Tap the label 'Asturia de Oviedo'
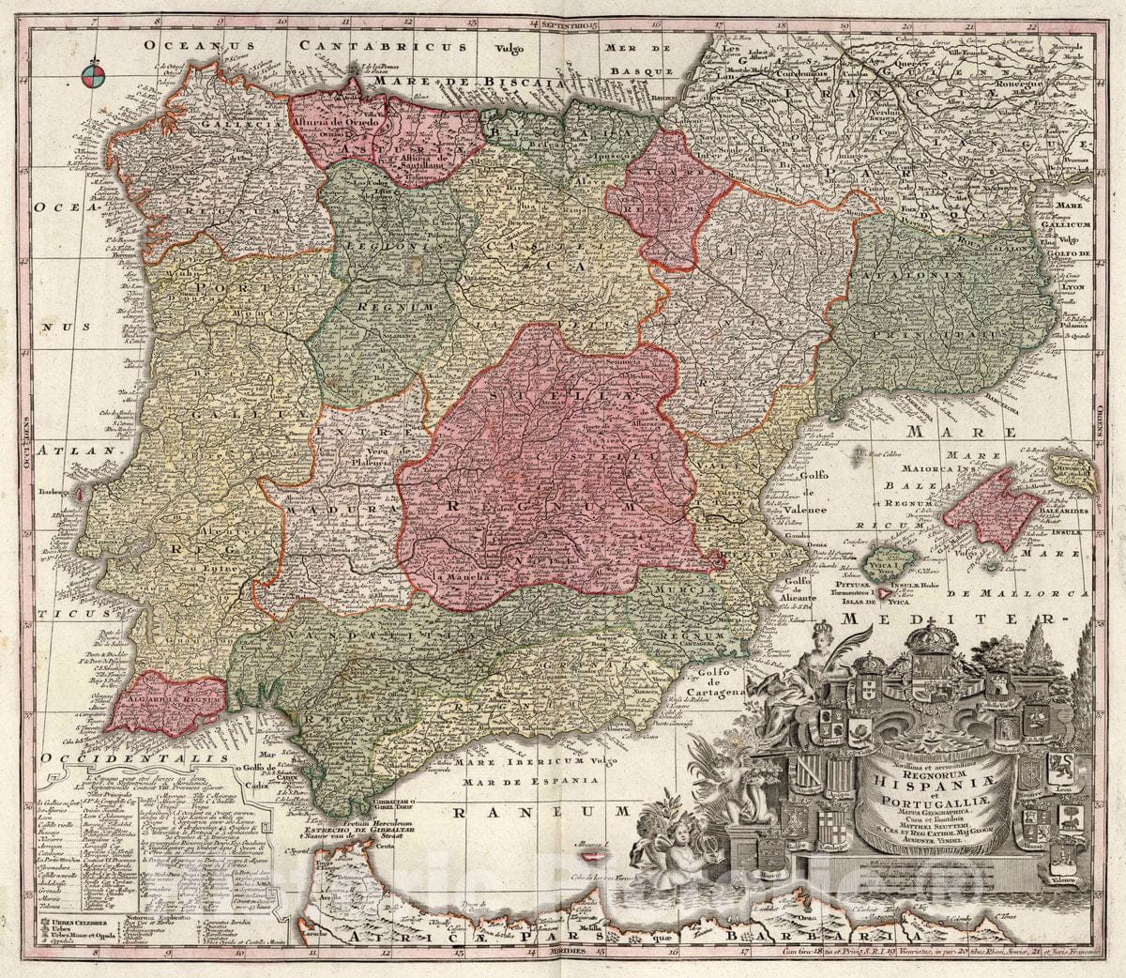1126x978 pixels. [x=346, y=124]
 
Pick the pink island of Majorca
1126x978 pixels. [x=986, y=512]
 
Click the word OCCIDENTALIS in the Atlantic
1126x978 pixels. [x=116, y=756]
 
